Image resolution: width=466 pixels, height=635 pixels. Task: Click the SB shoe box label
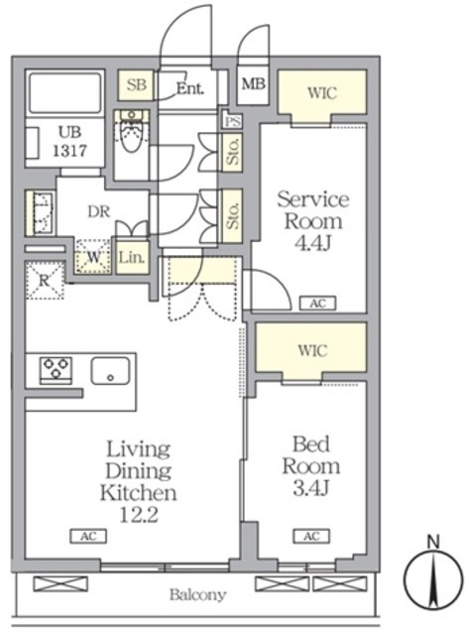click(136, 85)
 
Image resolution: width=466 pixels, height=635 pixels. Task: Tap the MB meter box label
click(253, 83)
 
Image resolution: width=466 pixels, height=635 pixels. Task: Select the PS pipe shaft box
click(233, 121)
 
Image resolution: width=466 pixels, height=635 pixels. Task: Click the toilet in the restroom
click(131, 131)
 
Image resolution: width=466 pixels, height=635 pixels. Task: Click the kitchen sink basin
click(110, 370)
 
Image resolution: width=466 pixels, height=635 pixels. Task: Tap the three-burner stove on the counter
click(56, 370)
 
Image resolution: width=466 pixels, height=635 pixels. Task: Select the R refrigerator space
click(45, 281)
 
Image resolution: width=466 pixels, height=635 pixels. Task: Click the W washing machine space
click(93, 257)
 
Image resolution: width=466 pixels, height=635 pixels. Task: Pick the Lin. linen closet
click(132, 257)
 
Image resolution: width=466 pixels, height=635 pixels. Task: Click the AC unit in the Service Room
click(318, 303)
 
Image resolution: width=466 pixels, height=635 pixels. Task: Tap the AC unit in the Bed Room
click(311, 536)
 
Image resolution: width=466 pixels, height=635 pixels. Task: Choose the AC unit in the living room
click(88, 536)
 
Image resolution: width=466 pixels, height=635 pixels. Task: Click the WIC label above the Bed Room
click(312, 350)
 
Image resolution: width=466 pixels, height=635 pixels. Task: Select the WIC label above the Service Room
click(322, 92)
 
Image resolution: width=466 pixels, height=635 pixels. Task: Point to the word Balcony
click(198, 595)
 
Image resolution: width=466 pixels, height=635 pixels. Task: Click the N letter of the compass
click(433, 542)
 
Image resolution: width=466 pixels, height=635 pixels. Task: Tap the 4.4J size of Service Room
click(313, 243)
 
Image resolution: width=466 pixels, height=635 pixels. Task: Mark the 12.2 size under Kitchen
click(139, 515)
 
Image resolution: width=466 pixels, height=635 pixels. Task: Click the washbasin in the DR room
click(41, 213)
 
